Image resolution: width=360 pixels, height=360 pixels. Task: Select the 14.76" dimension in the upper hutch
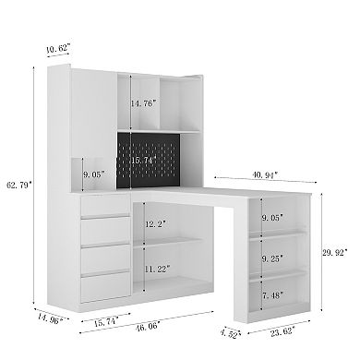144,102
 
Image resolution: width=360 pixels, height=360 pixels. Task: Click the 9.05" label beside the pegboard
94,172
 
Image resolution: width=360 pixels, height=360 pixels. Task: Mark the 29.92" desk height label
335,250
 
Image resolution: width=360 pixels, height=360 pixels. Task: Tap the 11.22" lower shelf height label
158,270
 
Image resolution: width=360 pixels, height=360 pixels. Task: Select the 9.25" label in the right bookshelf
275,259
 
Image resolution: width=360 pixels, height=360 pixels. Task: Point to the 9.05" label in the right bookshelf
275,218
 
